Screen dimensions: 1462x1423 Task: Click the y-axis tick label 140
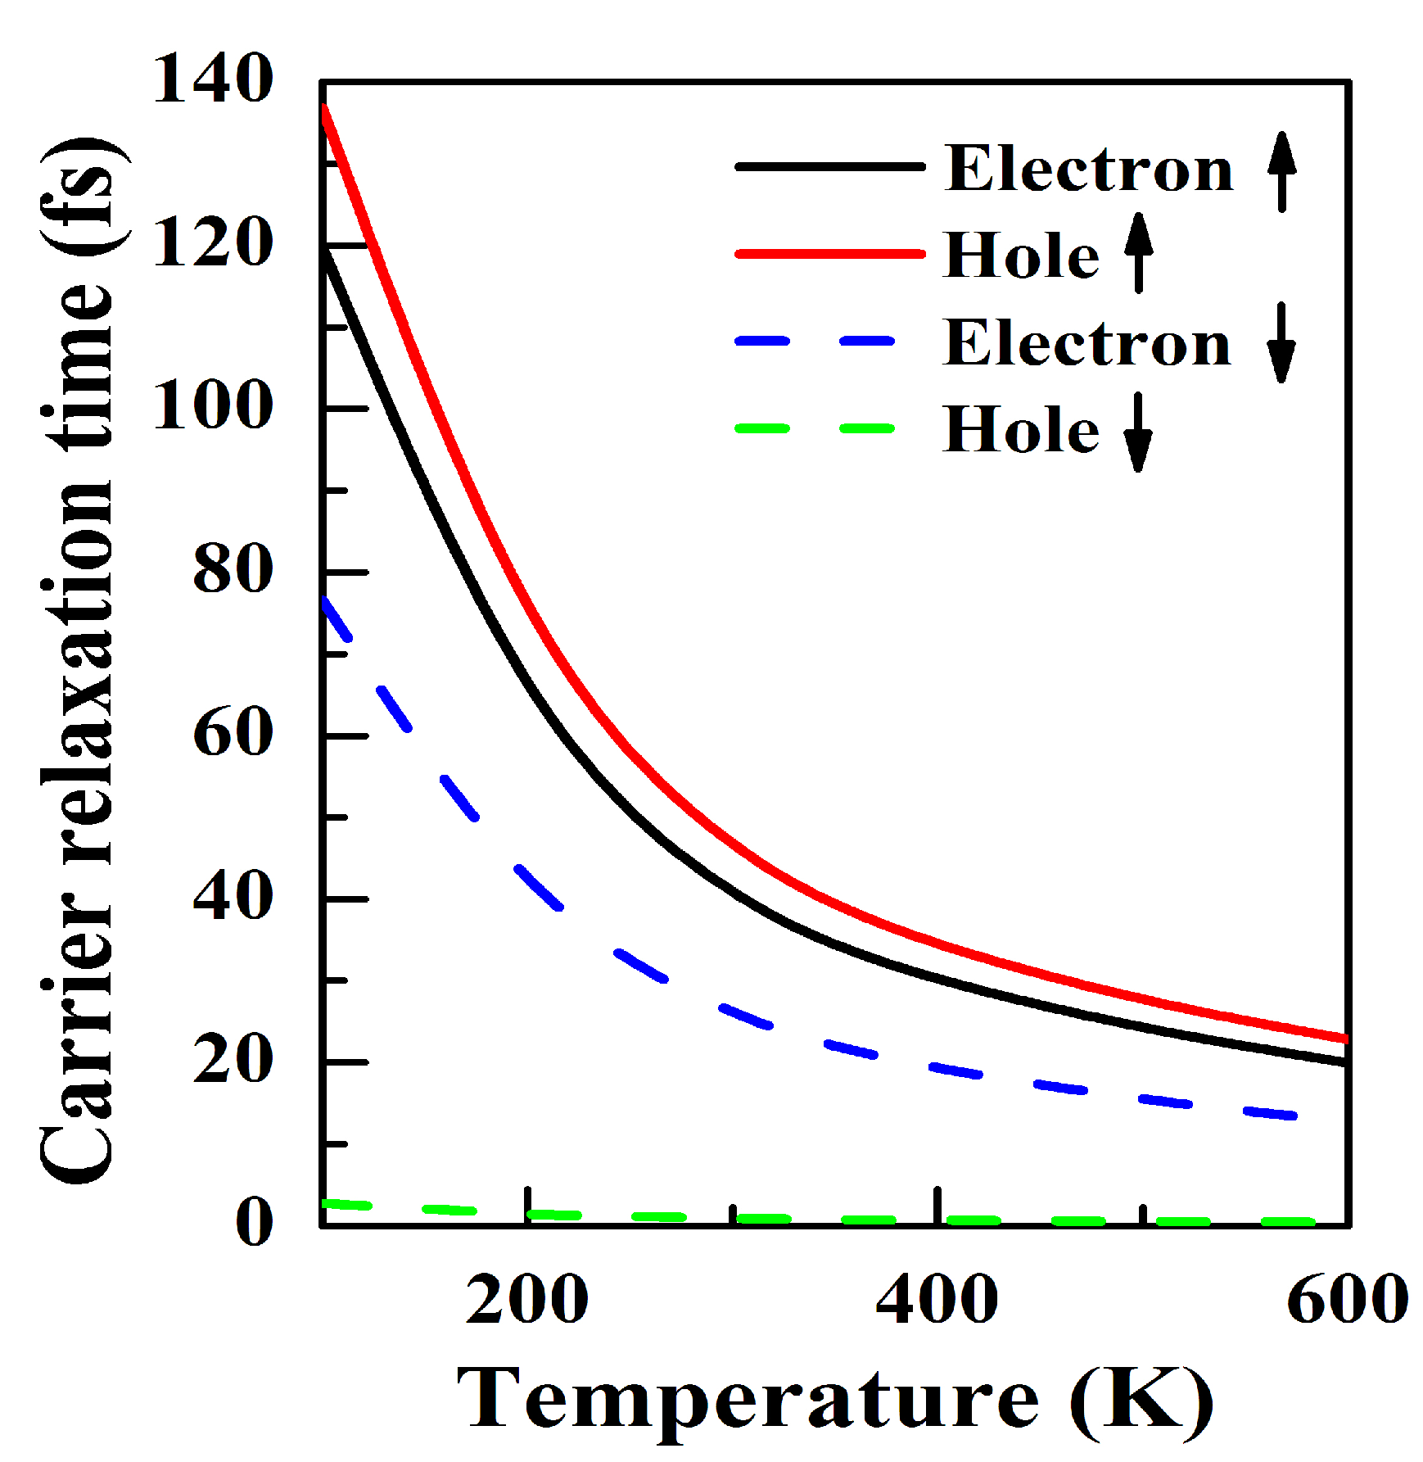tap(213, 79)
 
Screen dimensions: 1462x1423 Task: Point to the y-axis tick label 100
tap(213, 405)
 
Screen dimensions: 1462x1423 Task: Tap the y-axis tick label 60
tap(233, 732)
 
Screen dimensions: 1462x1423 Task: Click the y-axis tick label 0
tap(254, 1222)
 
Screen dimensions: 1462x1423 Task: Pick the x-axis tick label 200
tap(526, 1300)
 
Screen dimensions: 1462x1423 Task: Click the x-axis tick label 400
tap(937, 1300)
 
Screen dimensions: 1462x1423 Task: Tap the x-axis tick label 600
tap(1347, 1300)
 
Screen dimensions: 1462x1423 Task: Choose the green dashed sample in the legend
tap(815, 428)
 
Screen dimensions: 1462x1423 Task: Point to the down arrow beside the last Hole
tap(1138, 432)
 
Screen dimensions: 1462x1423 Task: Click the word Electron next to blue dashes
tap(1087, 343)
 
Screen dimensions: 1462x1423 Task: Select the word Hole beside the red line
tap(1021, 256)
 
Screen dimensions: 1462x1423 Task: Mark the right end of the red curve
tap(1344, 1039)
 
